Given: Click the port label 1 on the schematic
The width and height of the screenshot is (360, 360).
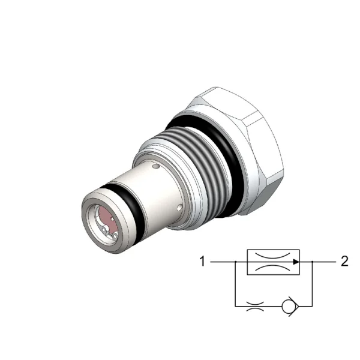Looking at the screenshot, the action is click(202, 262).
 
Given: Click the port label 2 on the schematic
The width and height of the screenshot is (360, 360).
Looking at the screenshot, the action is click(344, 261).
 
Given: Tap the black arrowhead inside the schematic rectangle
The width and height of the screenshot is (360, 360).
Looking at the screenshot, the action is click(296, 262).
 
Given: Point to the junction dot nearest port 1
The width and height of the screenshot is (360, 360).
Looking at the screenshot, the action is click(235, 262).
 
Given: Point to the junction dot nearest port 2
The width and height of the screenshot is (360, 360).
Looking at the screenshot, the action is click(312, 262).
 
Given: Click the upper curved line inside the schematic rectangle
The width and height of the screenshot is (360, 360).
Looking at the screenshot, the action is click(273, 256).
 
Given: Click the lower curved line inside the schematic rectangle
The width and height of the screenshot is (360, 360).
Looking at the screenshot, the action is click(273, 268).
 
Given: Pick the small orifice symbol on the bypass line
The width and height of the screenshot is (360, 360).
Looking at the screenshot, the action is click(255, 306).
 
